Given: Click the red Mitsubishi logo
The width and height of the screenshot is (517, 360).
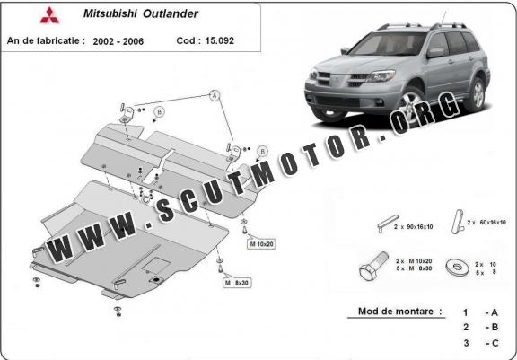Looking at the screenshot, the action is click(49, 15).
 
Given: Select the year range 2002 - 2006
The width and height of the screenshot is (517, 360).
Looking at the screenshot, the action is click(118, 41).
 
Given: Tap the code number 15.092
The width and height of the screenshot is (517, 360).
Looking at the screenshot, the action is click(219, 40).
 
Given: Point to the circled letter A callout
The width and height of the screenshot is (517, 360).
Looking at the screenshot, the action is click(215, 95).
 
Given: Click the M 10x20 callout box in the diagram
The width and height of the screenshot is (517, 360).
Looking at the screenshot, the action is click(261, 244).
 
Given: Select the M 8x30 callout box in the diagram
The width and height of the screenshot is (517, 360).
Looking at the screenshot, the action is click(237, 283).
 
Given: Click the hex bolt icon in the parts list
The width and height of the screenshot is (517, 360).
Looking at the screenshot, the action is click(374, 266).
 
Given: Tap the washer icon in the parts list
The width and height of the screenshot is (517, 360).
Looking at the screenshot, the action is click(458, 267).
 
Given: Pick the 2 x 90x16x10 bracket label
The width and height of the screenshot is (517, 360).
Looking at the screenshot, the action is click(413, 227).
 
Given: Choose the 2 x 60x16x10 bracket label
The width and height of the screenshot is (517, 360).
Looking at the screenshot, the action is click(486, 223).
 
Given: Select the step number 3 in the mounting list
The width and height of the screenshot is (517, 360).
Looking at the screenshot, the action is click(466, 343).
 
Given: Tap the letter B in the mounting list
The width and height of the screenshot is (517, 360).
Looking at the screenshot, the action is click(495, 327).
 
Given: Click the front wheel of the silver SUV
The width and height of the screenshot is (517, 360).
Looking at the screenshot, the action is click(411, 102).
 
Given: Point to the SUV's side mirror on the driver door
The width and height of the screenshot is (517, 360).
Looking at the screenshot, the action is click(435, 53).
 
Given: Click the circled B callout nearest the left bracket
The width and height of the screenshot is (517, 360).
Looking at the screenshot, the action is click(160, 112).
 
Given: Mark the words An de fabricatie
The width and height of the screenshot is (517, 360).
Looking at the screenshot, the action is click(46, 40).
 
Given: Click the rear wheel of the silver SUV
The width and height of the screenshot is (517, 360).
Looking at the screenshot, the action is click(476, 94).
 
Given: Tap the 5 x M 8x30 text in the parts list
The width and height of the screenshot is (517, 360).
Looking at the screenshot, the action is click(414, 268).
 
